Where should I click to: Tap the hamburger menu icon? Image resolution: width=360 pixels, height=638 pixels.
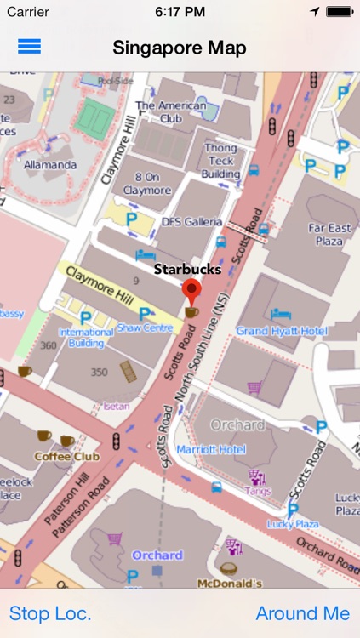pos(29,47)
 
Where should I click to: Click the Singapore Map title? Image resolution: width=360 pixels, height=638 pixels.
pos(180,48)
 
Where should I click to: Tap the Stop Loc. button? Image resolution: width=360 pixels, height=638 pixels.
pos(50,613)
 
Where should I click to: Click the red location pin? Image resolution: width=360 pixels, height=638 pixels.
pos(192,293)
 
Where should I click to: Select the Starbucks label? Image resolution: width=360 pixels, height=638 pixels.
pos(187,270)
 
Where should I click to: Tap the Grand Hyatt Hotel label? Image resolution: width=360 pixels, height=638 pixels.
pos(282,330)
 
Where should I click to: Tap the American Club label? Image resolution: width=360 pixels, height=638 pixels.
pos(170,112)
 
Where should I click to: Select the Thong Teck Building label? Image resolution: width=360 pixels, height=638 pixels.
pos(220,161)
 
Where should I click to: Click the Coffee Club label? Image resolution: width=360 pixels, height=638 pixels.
pos(66,456)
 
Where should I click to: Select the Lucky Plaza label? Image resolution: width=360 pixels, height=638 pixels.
pos(292,524)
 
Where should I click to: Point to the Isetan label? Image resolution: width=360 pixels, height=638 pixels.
pos(116,407)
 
